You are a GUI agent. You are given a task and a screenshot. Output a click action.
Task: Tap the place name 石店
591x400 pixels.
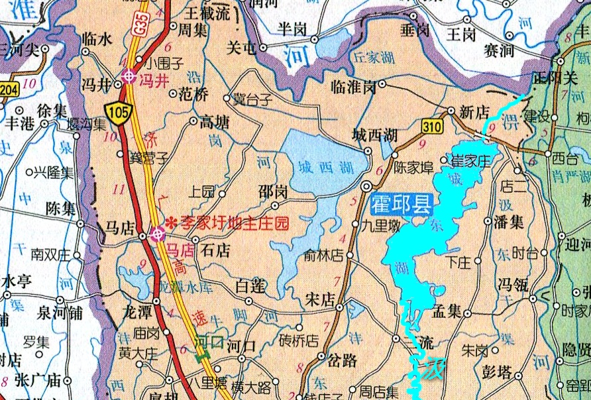tap(215, 250)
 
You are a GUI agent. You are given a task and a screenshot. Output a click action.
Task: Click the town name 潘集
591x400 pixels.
tap(510, 223)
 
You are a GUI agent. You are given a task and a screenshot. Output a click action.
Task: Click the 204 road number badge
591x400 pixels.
tap(8, 90)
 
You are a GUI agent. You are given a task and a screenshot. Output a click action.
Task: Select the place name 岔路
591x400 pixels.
tap(342, 360)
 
